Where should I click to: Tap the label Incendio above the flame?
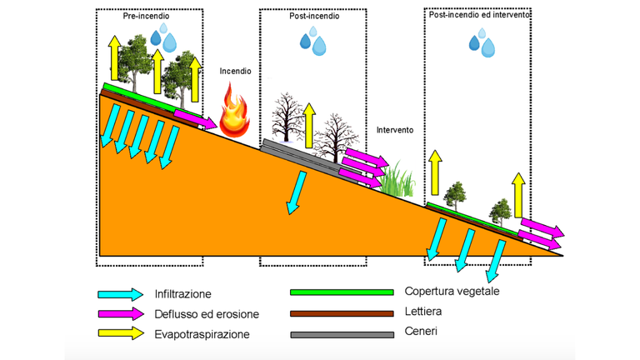[x=235, y=72]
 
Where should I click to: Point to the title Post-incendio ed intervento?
[x=479, y=15]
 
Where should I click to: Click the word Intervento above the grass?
[x=395, y=131]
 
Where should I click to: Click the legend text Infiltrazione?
[x=182, y=294]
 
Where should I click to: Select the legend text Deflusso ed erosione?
[x=206, y=314]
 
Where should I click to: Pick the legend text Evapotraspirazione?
[x=202, y=334]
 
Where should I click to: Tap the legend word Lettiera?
[x=424, y=312]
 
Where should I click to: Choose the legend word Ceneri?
[x=421, y=332]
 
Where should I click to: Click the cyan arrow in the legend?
[x=120, y=294]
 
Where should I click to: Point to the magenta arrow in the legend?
[x=120, y=314]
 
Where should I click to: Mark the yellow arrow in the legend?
[x=120, y=334]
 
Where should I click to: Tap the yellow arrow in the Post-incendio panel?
[x=310, y=123]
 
